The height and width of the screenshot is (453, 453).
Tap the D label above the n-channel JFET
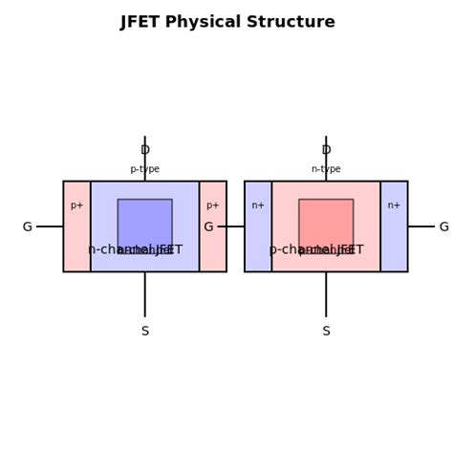(x=145, y=150)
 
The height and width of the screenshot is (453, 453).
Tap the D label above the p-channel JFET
(x=326, y=150)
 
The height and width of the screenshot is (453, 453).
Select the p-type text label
(x=145, y=169)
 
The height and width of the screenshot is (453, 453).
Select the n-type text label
(x=326, y=169)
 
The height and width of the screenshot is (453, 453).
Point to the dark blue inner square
(x=145, y=222)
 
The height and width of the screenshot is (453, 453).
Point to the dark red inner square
(x=326, y=222)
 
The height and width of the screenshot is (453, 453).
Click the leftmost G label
(x=27, y=227)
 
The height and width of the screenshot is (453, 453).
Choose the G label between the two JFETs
(x=208, y=227)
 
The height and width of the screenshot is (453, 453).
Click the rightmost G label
(x=443, y=227)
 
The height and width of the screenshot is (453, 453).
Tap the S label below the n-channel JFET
(x=145, y=332)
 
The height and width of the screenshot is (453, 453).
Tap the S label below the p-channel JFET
(x=326, y=332)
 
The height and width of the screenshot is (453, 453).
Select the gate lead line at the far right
(x=421, y=226)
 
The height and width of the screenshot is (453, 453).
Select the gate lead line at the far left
(x=50, y=226)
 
